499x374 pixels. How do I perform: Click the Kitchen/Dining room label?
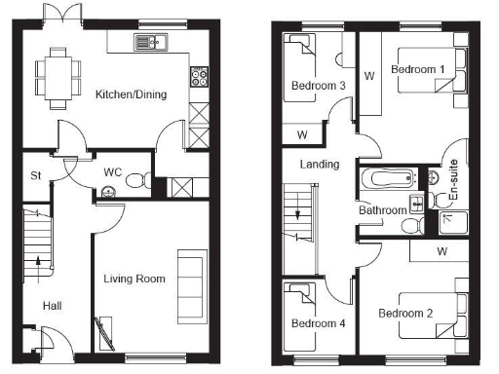coord(131,94)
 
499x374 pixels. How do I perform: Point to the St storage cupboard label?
coord(36,175)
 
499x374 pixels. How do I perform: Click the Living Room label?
coord(134,279)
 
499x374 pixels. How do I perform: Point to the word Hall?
coord(52,306)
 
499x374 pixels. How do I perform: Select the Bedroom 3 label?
coord(318,86)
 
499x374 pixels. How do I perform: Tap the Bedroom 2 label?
coord(404,313)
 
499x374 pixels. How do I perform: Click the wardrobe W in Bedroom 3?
coord(302,133)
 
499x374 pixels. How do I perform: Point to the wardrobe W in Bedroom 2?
coord(442,252)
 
